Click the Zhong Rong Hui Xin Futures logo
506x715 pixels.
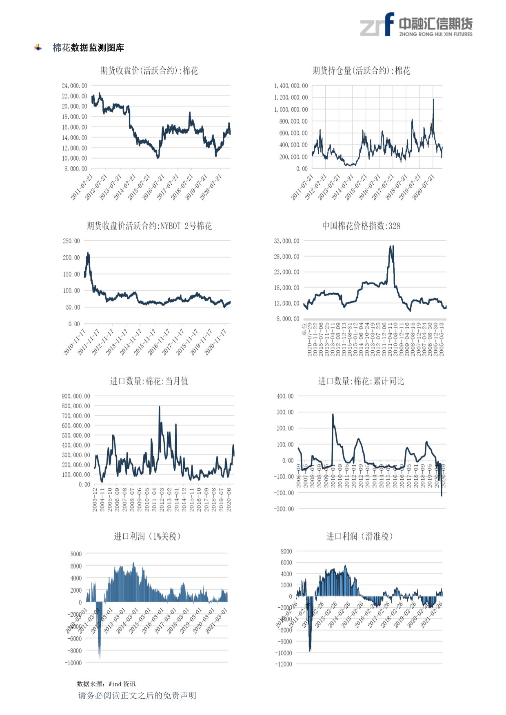[x=416, y=25]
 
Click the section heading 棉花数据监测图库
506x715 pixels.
[x=88, y=48]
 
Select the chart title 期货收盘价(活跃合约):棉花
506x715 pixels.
[x=149, y=71]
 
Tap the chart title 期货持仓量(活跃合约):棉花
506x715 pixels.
[x=361, y=71]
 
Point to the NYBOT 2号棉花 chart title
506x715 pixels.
[x=149, y=226]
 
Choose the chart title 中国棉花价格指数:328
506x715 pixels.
[x=361, y=226]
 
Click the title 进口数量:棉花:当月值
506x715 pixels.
[x=149, y=381]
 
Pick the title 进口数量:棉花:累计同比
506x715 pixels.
[x=361, y=381]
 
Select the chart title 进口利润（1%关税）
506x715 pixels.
[x=147, y=536]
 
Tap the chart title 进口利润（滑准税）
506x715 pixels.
[x=360, y=536]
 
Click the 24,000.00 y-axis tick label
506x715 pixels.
[x=74, y=86]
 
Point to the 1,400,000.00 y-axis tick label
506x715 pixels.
[x=291, y=86]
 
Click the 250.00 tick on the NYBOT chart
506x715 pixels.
[x=71, y=241]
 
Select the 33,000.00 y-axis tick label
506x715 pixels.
[x=286, y=241]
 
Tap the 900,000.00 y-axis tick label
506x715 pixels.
[x=76, y=396]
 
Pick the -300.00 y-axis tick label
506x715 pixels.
[x=284, y=509]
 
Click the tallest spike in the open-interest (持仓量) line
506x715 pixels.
[x=433, y=100]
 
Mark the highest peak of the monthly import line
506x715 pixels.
[x=159, y=407]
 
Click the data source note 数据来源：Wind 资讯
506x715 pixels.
[x=106, y=684]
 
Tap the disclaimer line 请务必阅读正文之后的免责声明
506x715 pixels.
[x=137, y=695]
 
